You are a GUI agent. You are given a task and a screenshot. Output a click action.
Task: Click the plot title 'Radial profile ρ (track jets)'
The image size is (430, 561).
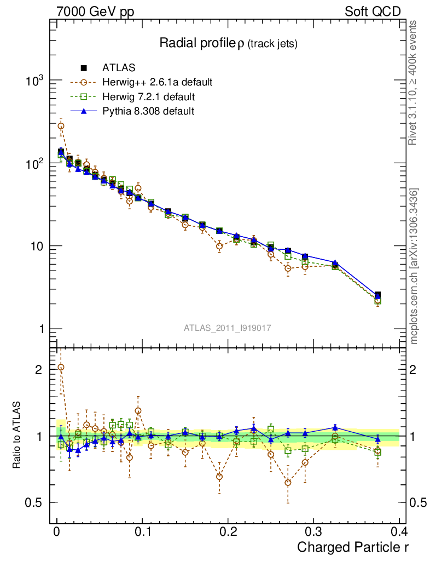[x=228, y=44]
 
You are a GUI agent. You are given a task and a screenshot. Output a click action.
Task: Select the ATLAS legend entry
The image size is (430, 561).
[x=119, y=68]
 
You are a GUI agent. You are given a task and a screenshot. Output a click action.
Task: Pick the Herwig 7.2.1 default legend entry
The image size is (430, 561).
[x=148, y=97]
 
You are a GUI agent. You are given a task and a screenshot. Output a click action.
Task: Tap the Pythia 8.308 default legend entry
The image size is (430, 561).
[x=148, y=111]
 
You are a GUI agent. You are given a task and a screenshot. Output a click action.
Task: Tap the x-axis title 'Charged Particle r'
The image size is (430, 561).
[x=352, y=547]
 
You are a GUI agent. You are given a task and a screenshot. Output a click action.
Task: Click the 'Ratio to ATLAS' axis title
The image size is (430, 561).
[x=17, y=436]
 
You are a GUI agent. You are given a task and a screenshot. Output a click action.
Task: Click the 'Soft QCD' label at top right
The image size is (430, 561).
[x=373, y=12]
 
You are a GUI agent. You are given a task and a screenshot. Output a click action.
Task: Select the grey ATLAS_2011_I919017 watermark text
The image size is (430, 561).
[x=228, y=328]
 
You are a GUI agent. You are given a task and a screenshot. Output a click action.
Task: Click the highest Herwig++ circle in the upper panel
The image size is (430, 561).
[x=61, y=125]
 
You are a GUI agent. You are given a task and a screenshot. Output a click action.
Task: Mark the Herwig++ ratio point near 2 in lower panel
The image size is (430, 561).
[x=61, y=367]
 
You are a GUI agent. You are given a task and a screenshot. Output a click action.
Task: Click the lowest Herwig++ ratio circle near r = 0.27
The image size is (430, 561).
[x=288, y=483]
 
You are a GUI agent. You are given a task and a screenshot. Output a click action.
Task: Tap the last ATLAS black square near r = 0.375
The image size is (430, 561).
[x=377, y=295]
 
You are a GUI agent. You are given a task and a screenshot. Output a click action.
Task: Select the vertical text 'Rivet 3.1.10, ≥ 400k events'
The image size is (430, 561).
[x=413, y=82]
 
